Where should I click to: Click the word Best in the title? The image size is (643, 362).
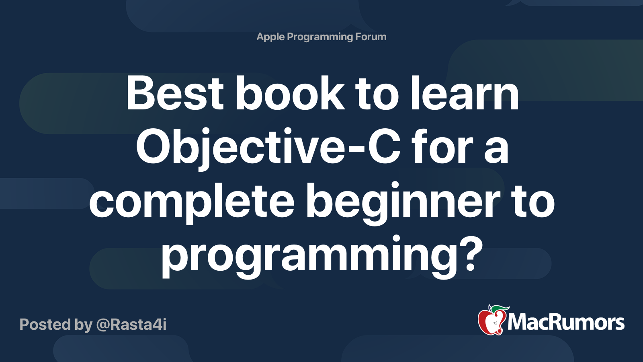175,93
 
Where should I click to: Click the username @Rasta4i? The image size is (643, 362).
131,325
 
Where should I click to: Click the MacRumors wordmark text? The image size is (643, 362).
566,323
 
